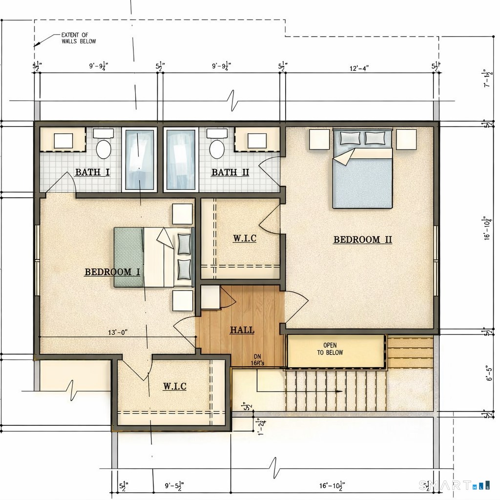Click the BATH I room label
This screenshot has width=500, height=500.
click(92, 172)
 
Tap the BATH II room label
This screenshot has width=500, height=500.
click(230, 172)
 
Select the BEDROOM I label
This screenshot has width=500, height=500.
click(112, 272)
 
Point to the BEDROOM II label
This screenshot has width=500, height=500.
click(362, 240)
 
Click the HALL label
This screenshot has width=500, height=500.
click(242, 330)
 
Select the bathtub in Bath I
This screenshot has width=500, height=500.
click(139, 160)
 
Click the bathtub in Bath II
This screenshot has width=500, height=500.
click(181, 160)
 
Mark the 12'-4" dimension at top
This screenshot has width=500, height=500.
click(359, 67)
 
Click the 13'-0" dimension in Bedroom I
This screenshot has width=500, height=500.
click(118, 333)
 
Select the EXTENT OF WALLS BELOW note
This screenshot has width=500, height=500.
click(78, 38)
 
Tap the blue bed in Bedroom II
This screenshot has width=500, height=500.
click(362, 178)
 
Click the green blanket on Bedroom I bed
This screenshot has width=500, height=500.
click(128, 257)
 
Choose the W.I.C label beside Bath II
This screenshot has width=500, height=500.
click(244, 239)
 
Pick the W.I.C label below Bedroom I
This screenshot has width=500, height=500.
click(174, 386)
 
